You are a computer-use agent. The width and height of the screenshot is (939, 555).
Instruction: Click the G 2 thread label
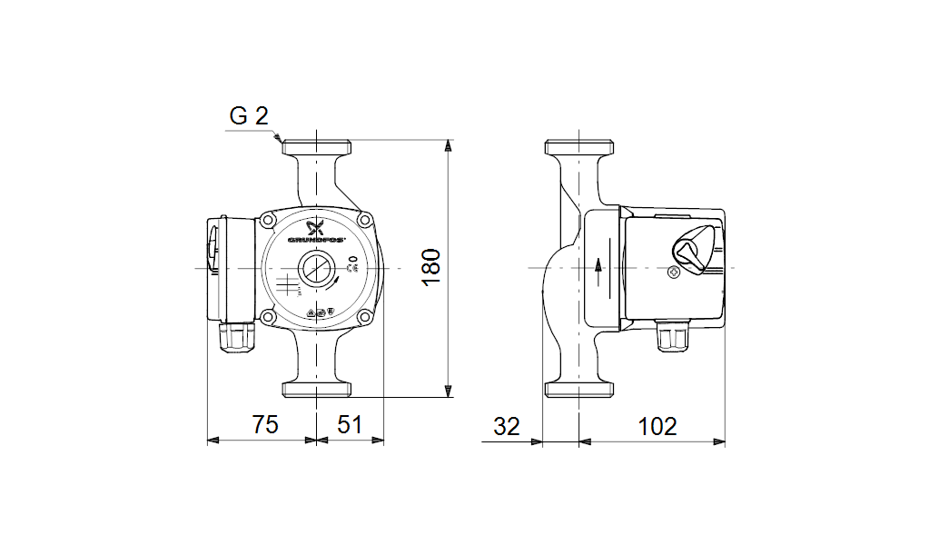point(249,116)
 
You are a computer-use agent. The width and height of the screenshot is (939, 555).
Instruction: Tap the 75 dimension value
point(263,425)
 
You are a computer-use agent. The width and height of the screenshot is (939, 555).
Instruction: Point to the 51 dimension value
point(350,425)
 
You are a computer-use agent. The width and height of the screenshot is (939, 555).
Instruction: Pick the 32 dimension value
point(507,425)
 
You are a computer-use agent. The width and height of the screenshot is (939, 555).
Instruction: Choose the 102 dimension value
point(657,425)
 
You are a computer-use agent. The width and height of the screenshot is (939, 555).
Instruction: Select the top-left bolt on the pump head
point(269,220)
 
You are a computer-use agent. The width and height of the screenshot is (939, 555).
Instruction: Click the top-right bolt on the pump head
point(363,220)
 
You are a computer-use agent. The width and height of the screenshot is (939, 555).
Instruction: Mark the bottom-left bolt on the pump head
point(269,317)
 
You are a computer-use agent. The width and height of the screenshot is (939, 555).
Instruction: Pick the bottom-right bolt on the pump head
point(363,317)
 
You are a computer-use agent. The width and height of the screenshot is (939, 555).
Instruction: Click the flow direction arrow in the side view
point(599,266)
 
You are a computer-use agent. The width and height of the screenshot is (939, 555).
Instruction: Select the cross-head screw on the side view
point(673,272)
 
